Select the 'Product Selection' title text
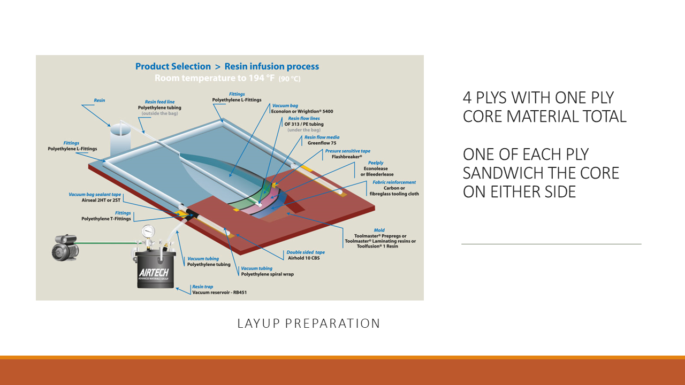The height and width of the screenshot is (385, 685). (173, 66)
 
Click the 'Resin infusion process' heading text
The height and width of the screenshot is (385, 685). (271, 66)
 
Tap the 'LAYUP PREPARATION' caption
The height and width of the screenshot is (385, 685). (309, 324)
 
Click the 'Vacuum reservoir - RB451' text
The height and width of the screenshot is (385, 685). (219, 292)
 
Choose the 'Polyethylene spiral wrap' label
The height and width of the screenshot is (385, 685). (267, 274)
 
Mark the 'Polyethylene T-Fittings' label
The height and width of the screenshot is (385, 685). (106, 219)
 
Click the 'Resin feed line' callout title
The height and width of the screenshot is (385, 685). (159, 102)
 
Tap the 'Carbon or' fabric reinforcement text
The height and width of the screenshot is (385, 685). (395, 188)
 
